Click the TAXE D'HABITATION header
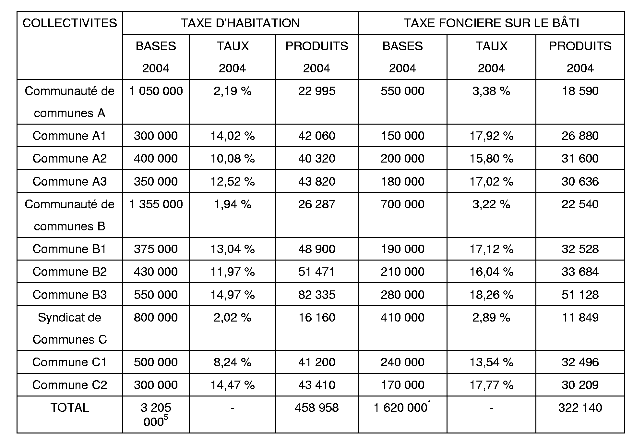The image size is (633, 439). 240,23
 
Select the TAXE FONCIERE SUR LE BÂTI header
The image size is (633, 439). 491,23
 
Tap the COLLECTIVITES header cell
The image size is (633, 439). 70,23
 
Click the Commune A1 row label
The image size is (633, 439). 70,136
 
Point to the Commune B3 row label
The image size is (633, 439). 70,295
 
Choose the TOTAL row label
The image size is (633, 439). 70,408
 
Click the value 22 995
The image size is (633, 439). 317,91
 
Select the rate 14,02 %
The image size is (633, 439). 233,136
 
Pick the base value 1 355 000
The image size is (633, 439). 156,204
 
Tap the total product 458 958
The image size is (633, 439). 317,408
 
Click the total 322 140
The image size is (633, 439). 580,408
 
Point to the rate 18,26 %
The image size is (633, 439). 491,295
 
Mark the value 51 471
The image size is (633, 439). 317,272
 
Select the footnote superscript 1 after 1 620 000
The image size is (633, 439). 429,403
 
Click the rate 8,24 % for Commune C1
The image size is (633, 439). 233,362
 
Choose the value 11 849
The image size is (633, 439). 580,317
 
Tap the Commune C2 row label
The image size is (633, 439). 70,385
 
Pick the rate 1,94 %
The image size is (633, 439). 233,204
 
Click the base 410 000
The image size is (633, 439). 402,317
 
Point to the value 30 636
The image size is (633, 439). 580,181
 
